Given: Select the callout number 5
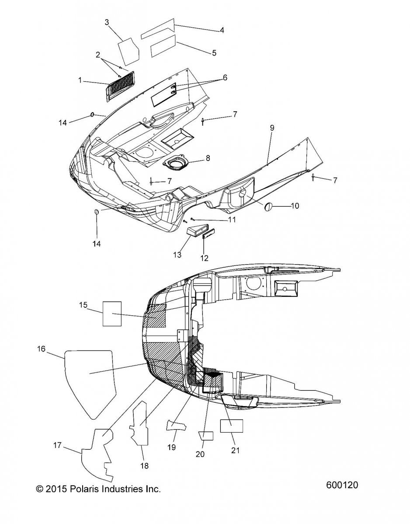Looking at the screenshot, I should coord(214,53).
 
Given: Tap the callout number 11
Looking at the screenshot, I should coord(232,220).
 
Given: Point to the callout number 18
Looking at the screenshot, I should coord(145,466).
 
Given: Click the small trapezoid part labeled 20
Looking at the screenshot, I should coord(206,436).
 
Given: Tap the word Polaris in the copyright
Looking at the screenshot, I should coord(81,489).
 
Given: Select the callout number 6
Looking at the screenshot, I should coord(225,77).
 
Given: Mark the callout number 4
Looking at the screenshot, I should coord(222,30).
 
